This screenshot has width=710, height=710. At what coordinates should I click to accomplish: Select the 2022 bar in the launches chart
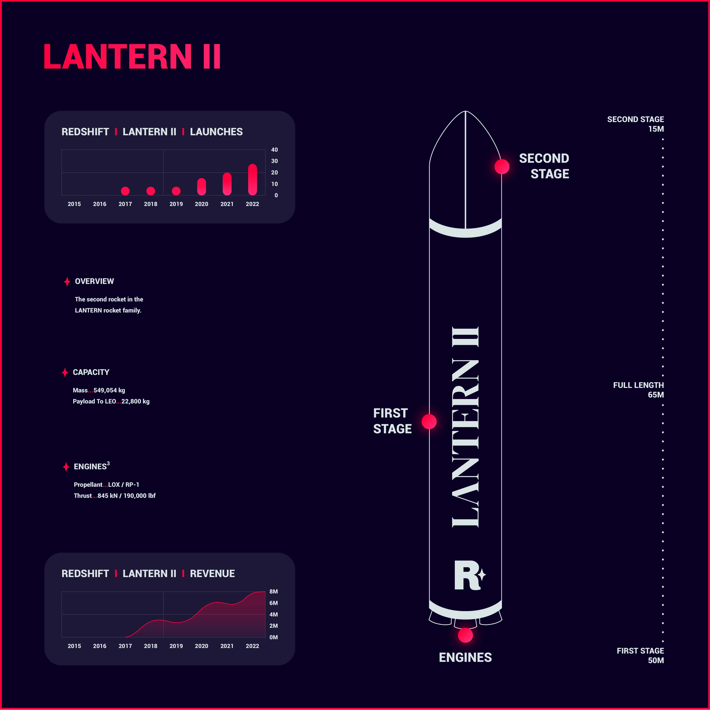coord(252,179)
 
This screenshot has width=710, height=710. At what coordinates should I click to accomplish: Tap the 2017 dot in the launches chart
coord(125,191)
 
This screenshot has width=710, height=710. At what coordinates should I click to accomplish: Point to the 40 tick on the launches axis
coord(275,150)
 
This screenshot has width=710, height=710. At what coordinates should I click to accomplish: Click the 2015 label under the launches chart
coord(74,204)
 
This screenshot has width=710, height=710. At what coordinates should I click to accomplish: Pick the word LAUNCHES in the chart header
coord(216,132)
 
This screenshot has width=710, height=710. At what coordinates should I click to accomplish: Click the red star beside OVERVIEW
coord(67,281)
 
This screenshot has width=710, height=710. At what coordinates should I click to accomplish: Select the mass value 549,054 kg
coord(109,390)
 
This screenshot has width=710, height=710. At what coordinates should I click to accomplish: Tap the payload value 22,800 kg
coord(136,401)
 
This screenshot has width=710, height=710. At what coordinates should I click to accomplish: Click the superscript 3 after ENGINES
coord(108,463)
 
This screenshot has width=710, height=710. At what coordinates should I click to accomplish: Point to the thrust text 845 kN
coord(108,496)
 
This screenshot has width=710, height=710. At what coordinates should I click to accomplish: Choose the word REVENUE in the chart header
coord(212,574)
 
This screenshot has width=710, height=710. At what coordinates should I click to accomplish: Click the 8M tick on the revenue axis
coord(274,592)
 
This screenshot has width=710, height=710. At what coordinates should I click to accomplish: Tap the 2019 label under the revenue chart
coord(176,646)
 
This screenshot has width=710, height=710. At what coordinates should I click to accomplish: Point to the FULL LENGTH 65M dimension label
coord(639,390)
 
